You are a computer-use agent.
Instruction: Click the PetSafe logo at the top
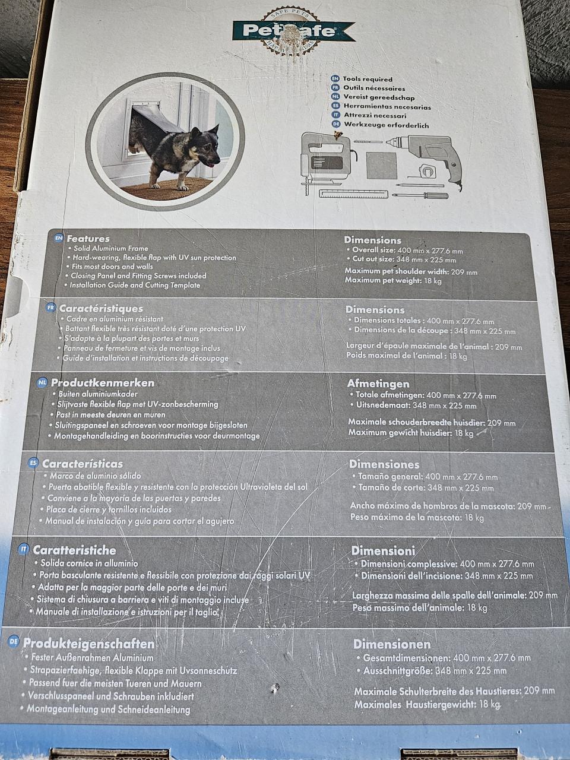pos(293,30)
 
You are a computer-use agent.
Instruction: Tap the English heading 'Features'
pos(88,239)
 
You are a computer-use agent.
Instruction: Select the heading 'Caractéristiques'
pos(101,308)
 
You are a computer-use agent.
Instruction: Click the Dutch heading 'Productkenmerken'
pos(103,383)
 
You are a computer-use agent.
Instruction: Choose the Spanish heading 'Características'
pos(83,464)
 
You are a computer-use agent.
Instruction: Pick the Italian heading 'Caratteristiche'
pos(74,550)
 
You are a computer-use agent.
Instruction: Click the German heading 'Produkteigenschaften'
pos(88,644)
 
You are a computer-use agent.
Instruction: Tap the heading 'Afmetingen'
pos(378,384)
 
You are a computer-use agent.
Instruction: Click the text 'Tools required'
pos(368,79)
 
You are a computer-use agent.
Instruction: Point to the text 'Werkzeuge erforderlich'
pos(386,125)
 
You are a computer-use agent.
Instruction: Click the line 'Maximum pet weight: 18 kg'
pos(393,280)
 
